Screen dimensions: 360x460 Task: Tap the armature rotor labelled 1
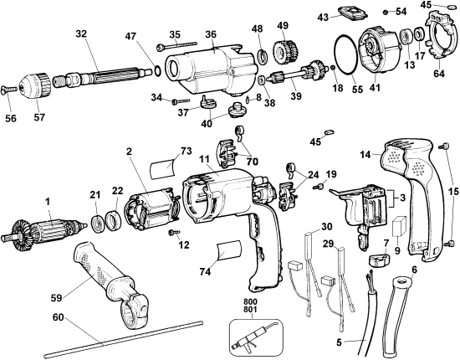pyautogui.click(x=47, y=229)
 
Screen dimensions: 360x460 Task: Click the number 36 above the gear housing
pyautogui.click(x=210, y=33)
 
